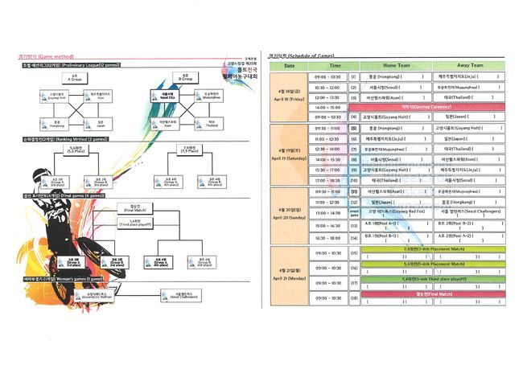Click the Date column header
(x=289, y=65)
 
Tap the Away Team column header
(x=469, y=65)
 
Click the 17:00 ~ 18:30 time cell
(x=328, y=180)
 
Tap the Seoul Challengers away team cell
(x=469, y=211)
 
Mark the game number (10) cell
(x=354, y=180)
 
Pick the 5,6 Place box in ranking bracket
(x=77, y=149)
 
